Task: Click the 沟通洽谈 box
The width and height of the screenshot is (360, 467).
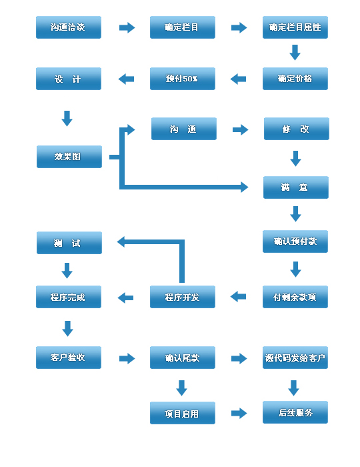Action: click(x=68, y=28)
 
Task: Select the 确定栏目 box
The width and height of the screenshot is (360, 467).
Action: click(x=183, y=28)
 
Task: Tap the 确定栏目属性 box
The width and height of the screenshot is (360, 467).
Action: click(x=295, y=28)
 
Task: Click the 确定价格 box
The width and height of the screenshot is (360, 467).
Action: click(x=295, y=79)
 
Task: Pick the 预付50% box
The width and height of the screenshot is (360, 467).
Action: click(x=183, y=79)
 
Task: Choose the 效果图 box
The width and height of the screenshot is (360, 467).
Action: click(x=69, y=157)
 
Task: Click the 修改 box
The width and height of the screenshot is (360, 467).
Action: click(x=296, y=129)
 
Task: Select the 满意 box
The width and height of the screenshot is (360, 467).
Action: click(x=295, y=187)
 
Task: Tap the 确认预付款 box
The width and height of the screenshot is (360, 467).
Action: click(x=295, y=242)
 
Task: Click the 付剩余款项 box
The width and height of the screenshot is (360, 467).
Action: click(x=295, y=297)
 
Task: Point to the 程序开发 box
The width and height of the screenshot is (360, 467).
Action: click(x=183, y=297)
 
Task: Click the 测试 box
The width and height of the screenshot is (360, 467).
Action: click(x=69, y=243)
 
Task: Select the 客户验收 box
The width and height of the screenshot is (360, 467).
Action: click(x=68, y=358)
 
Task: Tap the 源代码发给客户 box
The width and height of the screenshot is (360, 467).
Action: click(x=295, y=358)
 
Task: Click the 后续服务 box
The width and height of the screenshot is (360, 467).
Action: click(x=295, y=412)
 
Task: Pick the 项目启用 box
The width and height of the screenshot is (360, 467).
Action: click(x=182, y=413)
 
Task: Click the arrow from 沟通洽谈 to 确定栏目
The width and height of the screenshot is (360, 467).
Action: click(x=127, y=28)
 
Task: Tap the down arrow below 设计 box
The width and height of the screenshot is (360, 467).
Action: click(x=67, y=119)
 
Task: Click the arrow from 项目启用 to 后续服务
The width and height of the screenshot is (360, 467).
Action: click(x=239, y=413)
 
